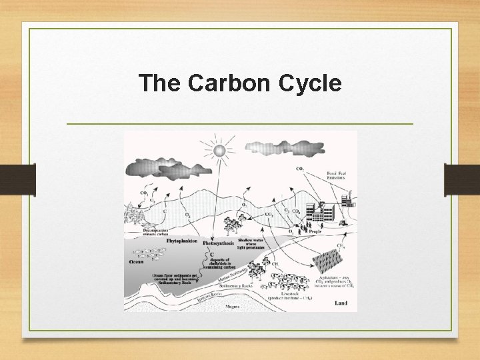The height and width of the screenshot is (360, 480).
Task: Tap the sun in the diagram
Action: pos(219,151)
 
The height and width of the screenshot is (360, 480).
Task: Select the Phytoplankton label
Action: pos(181,241)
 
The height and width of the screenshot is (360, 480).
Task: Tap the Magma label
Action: pos(232,306)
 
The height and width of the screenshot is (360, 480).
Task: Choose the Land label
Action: pos(340,303)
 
